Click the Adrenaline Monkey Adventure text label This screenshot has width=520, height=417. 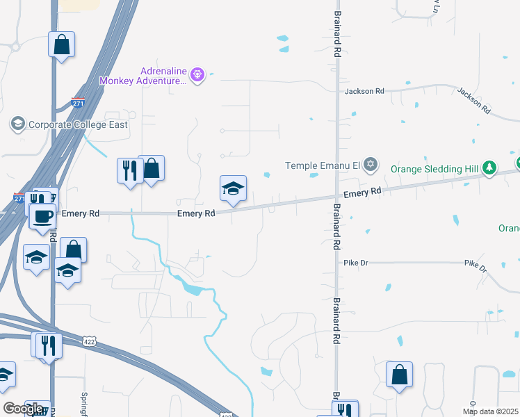[143, 76]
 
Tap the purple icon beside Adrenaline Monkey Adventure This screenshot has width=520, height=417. [197, 74]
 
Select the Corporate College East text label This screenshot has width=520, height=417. [79, 125]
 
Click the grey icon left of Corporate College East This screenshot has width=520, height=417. [17, 124]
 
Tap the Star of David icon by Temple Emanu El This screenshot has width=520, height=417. [371, 165]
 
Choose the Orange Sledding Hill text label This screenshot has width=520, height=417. [435, 168]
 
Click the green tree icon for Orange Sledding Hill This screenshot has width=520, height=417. [490, 167]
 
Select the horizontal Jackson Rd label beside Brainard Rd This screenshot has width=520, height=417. [364, 91]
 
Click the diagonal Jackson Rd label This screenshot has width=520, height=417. [474, 100]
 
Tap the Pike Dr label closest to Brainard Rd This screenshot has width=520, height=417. [356, 263]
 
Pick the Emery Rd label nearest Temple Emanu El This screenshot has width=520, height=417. [362, 192]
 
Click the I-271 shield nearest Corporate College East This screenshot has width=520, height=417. [79, 103]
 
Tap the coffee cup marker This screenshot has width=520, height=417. [43, 216]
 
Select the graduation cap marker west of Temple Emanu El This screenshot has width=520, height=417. [233, 188]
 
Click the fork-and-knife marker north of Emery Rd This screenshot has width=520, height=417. [129, 170]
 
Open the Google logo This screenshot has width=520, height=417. [23, 409]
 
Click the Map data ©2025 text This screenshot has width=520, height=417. [487, 411]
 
